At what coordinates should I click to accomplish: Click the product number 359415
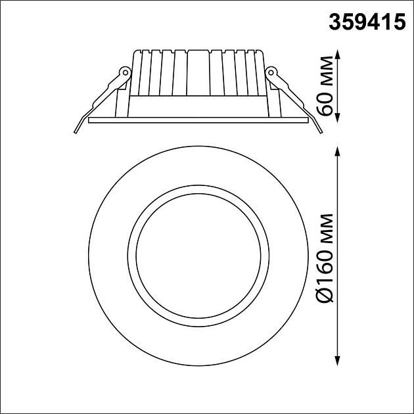(365, 23)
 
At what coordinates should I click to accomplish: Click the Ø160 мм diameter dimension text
(326, 258)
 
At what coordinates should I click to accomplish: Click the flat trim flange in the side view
(198, 120)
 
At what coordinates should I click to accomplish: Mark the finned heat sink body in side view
(198, 72)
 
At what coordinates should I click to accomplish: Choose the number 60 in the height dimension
(326, 103)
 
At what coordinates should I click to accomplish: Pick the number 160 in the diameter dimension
(326, 271)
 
